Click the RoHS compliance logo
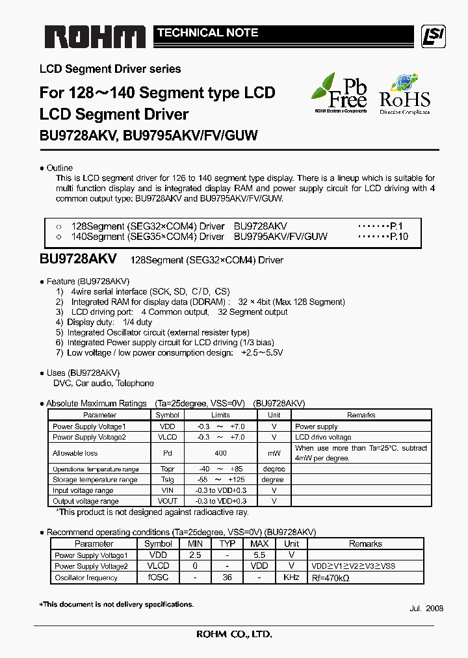pyautogui.click(x=404, y=95)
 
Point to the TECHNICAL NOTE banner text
pyautogui.click(x=207, y=33)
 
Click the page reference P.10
pyautogui.click(x=398, y=237)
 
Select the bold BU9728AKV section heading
pyautogui.click(x=78, y=259)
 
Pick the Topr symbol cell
pyautogui.click(x=167, y=469)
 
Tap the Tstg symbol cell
pyautogui.click(x=167, y=480)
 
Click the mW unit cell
pyautogui.click(x=274, y=453)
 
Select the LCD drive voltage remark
pyautogui.click(x=323, y=438)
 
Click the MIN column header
pyautogui.click(x=194, y=544)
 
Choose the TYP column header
pyautogui.click(x=227, y=544)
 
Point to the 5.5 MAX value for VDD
pyautogui.click(x=259, y=555)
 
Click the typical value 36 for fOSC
pyautogui.click(x=227, y=577)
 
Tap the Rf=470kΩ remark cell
pyautogui.click(x=331, y=577)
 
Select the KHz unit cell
pyautogui.click(x=292, y=577)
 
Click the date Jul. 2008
pyautogui.click(x=426, y=608)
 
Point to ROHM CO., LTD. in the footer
pyautogui.click(x=234, y=635)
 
